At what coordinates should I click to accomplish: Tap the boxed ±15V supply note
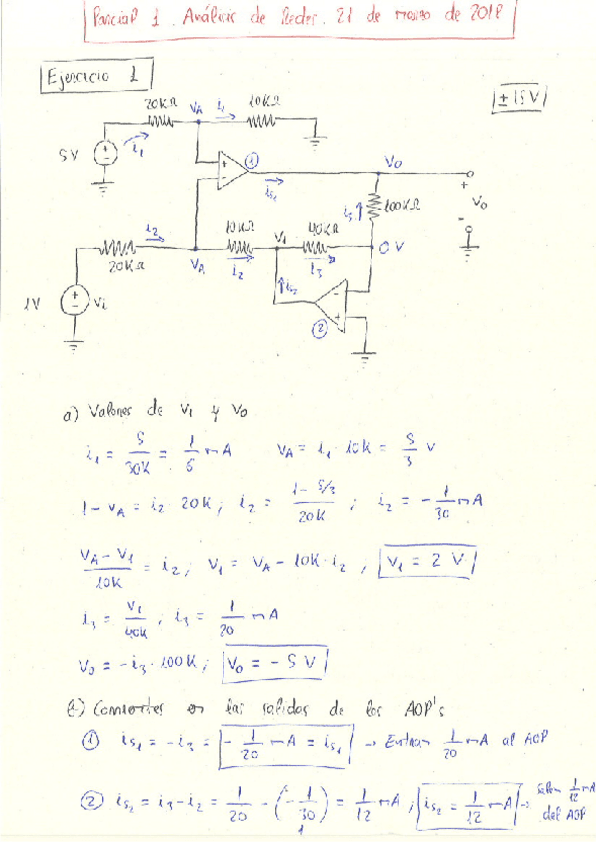(522, 99)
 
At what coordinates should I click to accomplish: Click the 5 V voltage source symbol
(104, 154)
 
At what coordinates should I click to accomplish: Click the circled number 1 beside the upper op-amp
(251, 157)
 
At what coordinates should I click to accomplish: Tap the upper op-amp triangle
(232, 169)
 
